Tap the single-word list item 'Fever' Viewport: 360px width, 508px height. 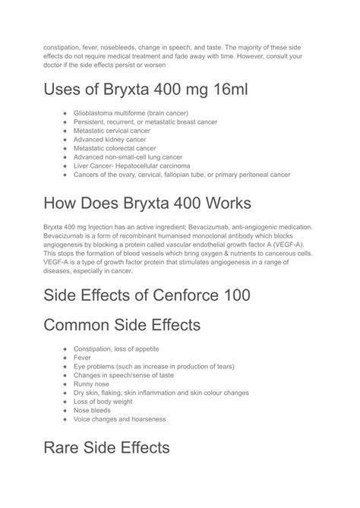[82, 358]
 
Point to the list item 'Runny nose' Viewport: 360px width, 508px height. [91, 383]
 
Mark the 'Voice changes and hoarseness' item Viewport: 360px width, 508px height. [119, 418]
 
